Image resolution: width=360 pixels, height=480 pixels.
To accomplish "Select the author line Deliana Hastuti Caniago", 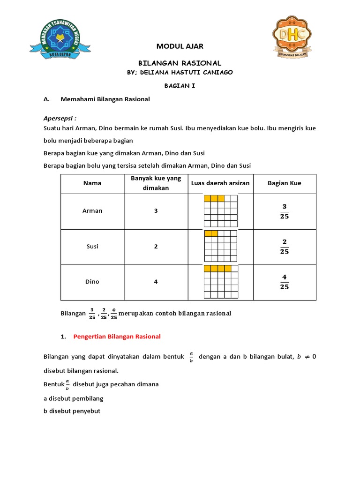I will click(x=180, y=72).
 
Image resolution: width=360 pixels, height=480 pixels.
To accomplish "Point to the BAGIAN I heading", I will click(x=179, y=86).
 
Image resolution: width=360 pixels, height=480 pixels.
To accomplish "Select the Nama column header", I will click(x=92, y=183).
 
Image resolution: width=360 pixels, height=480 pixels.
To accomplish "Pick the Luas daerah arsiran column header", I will click(x=220, y=183).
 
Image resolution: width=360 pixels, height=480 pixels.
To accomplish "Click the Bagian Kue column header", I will click(x=284, y=183).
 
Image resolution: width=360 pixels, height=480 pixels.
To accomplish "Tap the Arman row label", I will click(x=92, y=211).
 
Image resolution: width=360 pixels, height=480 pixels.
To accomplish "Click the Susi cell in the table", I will click(x=92, y=247).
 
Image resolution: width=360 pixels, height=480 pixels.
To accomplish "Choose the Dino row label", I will click(x=92, y=282).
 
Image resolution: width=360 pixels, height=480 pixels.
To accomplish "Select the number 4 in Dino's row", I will click(x=156, y=282).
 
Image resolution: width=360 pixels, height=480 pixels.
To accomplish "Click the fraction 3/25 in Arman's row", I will click(x=284, y=211).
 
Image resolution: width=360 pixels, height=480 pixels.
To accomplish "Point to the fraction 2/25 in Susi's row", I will click(x=284, y=247).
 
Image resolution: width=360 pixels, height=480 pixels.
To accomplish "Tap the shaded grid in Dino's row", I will click(x=221, y=282).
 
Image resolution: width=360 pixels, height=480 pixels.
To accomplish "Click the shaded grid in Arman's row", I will click(x=221, y=211).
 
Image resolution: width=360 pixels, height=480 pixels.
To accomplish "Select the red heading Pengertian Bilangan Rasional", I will click(x=117, y=337).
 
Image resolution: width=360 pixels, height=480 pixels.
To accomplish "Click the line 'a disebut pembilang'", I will click(x=73, y=398).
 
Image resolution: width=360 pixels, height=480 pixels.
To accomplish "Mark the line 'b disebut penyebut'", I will click(x=72, y=411).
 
